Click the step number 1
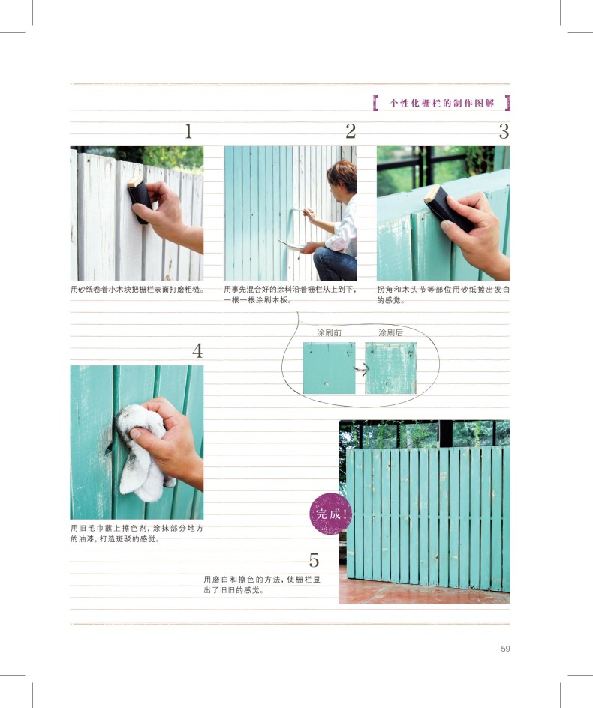pyautogui.click(x=188, y=131)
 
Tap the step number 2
pyautogui.click(x=351, y=131)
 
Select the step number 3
pyautogui.click(x=504, y=131)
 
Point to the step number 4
pyautogui.click(x=197, y=351)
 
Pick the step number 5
pyautogui.click(x=314, y=560)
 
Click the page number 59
pyautogui.click(x=505, y=649)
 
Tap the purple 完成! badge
pyautogui.click(x=331, y=514)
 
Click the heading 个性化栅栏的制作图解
pyautogui.click(x=442, y=103)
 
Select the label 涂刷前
pyautogui.click(x=329, y=333)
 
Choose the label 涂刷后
pyautogui.click(x=390, y=333)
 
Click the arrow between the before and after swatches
pyautogui.click(x=362, y=369)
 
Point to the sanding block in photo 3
pyautogui.click(x=447, y=208)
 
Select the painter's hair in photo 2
pyautogui.click(x=343, y=175)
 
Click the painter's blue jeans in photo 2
pyautogui.click(x=336, y=263)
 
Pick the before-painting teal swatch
pyautogui.click(x=329, y=368)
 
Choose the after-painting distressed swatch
pyautogui.click(x=391, y=368)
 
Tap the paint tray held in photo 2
pyautogui.click(x=291, y=244)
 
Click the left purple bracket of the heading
pyautogui.click(x=375, y=103)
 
